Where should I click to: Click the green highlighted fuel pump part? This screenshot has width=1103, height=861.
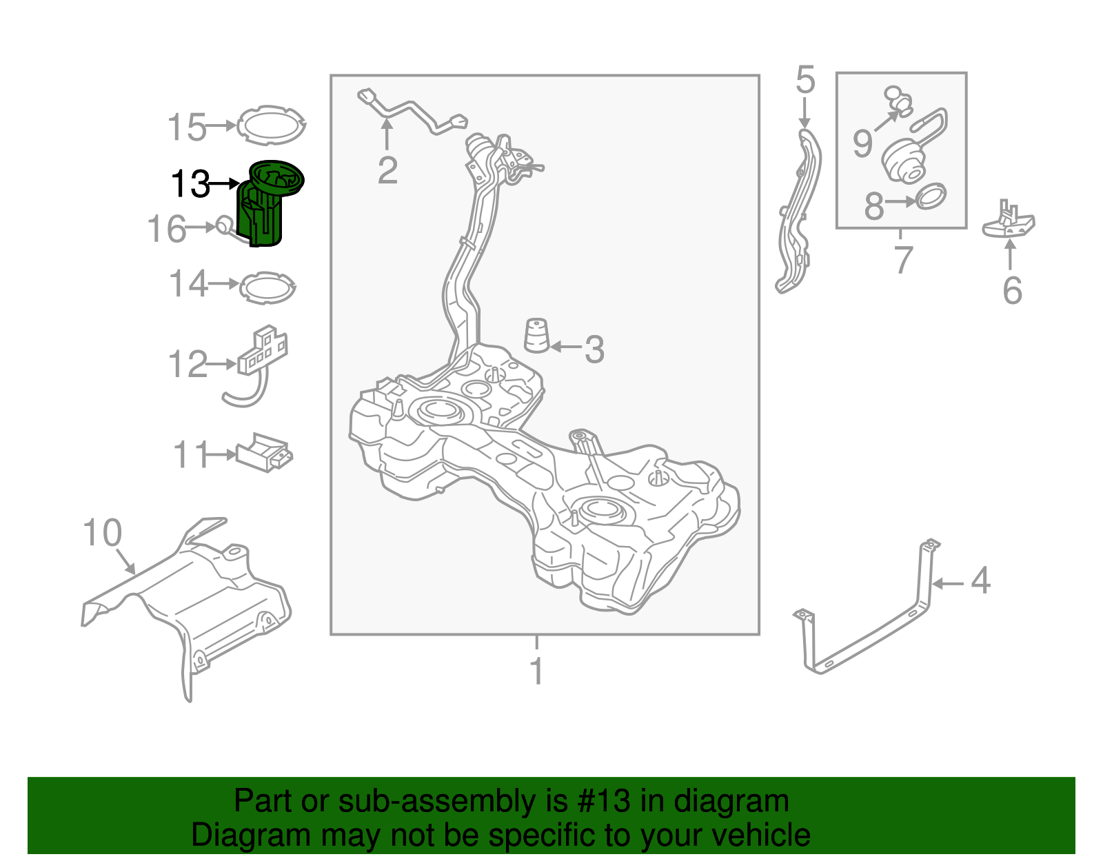click(266, 207)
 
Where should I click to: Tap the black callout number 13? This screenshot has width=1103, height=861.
click(190, 184)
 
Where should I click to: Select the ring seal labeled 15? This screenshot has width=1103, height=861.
click(271, 125)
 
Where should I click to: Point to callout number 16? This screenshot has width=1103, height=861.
click(166, 229)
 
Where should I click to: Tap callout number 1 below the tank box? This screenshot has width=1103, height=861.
click(537, 671)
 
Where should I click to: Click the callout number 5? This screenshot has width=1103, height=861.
click(805, 80)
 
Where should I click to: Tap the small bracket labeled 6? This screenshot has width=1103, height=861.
click(1009, 222)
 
